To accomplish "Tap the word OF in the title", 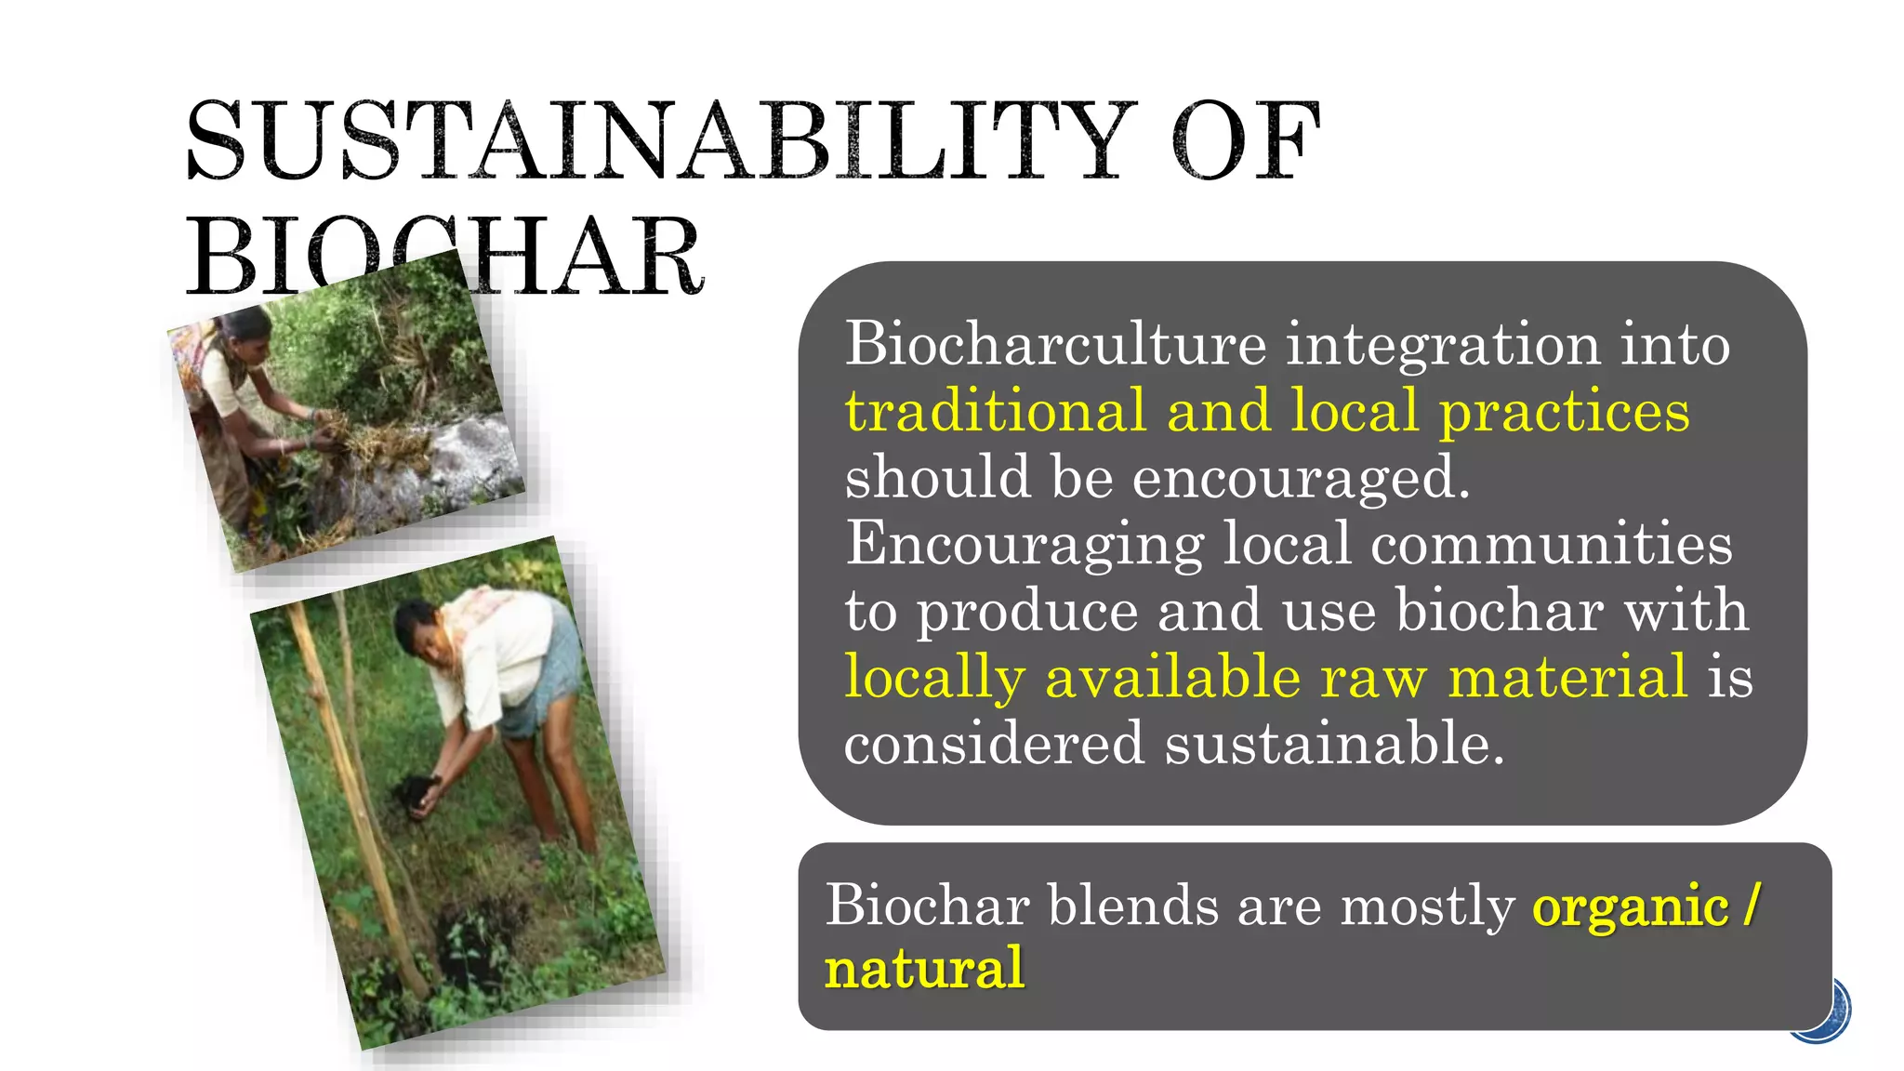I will coord(1246,141).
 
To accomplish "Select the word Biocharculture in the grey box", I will coord(1055,344).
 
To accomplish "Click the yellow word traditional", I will coord(995,411).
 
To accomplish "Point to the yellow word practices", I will coord(1565,411).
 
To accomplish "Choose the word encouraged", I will coord(1301,477).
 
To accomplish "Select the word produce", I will coord(1027,612).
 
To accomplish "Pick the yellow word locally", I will coord(934,677).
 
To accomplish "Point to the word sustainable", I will coord(1334,744).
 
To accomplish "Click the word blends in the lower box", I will coord(1132,905).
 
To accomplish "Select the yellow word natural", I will coord(925,969).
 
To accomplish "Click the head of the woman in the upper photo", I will coord(243,326).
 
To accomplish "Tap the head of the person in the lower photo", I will coord(416,626).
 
